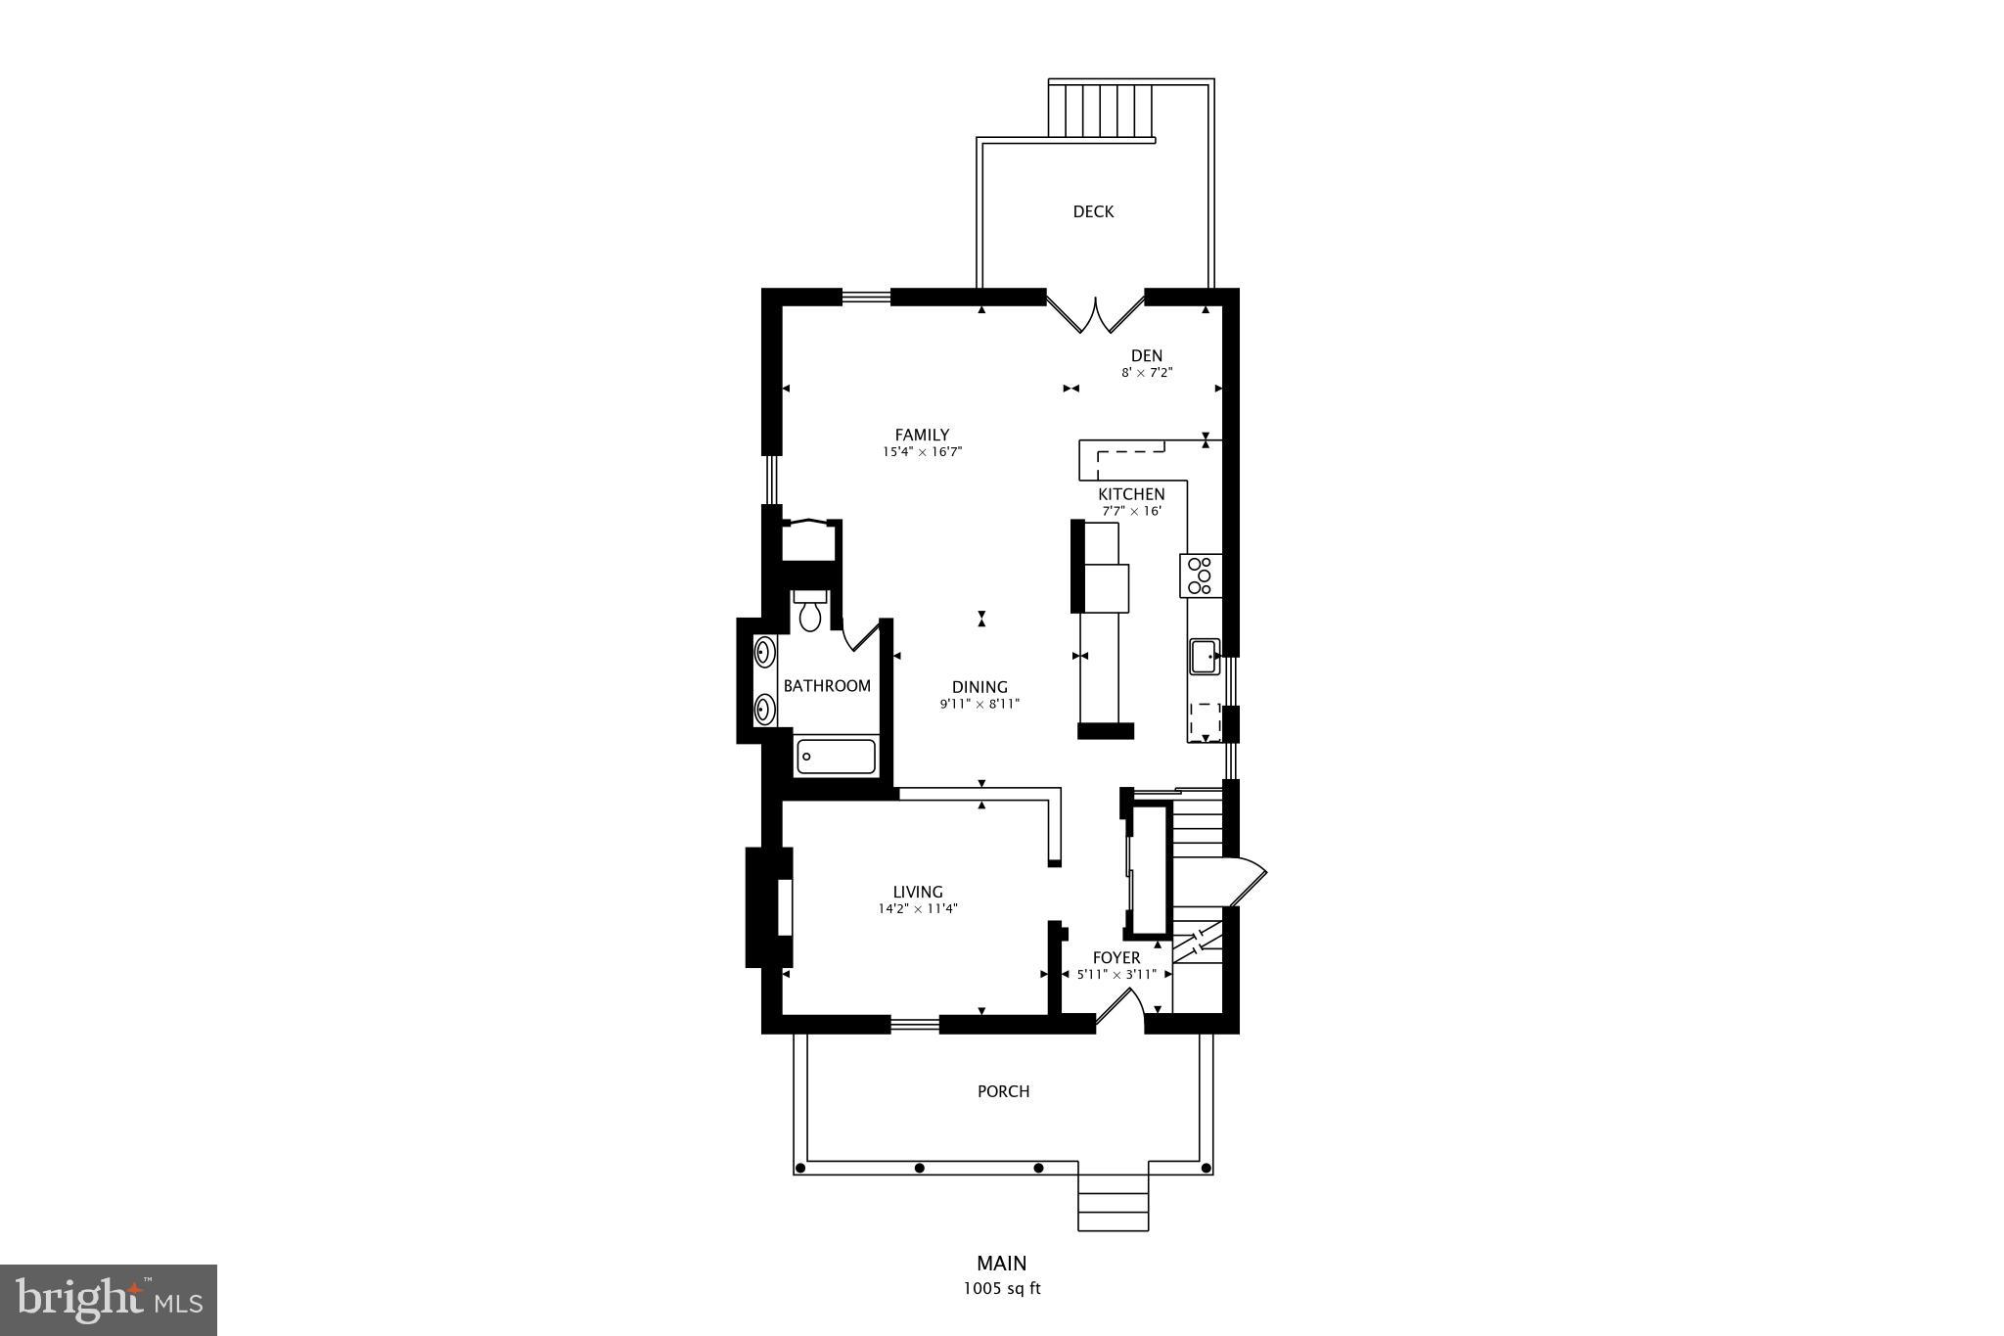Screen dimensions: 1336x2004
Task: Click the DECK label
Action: point(1093,211)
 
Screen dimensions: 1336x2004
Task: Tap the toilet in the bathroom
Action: point(809,612)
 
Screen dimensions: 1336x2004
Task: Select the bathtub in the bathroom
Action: point(836,757)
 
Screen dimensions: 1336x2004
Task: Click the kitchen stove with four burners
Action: point(1201,576)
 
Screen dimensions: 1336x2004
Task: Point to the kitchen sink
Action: point(1204,656)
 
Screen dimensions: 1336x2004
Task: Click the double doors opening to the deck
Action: point(1095,313)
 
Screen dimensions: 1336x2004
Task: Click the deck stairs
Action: point(1101,111)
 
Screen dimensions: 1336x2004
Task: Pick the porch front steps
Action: point(1113,1199)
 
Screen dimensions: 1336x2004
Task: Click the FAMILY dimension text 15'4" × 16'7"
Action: point(922,452)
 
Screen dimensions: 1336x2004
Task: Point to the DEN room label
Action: point(1146,355)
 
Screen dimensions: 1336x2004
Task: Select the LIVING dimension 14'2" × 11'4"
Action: point(917,908)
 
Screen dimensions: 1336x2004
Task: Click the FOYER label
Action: point(1116,957)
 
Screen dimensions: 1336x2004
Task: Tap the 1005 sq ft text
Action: point(1002,1289)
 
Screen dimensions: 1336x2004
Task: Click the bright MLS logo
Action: point(109,1300)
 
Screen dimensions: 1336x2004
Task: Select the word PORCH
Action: point(1003,1091)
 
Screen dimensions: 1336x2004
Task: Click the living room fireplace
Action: point(771,907)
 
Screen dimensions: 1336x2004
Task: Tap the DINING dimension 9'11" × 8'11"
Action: point(979,704)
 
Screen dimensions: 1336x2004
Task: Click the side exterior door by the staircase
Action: point(1247,881)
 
